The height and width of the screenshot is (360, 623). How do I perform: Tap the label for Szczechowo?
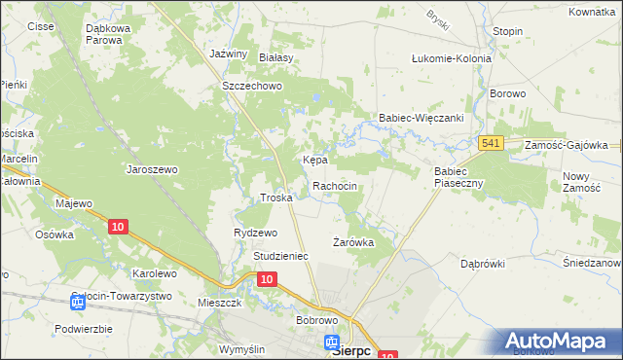[x=252, y=86]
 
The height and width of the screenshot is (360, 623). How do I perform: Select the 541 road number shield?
[x=492, y=144]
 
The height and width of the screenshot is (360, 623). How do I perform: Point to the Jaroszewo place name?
[x=152, y=168]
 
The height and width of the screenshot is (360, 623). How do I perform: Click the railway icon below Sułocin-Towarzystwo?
[x=78, y=304]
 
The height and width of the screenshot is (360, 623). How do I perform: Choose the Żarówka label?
[x=353, y=242]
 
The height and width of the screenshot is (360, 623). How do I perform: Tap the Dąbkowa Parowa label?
[x=118, y=34]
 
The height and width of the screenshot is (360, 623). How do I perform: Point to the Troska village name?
[x=276, y=198]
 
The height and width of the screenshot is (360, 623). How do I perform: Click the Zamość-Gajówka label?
[x=566, y=144]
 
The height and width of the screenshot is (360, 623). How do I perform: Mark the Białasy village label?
[x=276, y=58]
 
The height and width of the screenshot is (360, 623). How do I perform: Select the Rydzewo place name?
[x=256, y=233]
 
